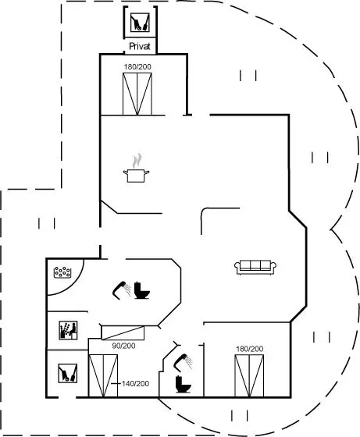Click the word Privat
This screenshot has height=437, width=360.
[x=140, y=46]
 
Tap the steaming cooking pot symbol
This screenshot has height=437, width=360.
[x=136, y=168]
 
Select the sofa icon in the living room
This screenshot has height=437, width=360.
[x=255, y=268]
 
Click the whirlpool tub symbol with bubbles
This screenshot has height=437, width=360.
[x=62, y=272]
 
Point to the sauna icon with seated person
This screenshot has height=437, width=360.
[x=68, y=330]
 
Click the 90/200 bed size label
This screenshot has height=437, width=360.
[x=123, y=346]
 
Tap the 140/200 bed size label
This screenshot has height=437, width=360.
[x=136, y=384]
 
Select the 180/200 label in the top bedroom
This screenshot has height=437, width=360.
[x=137, y=67]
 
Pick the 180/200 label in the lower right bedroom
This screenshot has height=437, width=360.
[x=250, y=349]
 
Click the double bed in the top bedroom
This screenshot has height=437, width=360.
[x=137, y=94]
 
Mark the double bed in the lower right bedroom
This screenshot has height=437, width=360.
[x=249, y=375]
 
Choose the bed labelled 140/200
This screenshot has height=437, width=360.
[x=103, y=375]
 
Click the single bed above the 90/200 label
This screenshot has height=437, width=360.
[x=123, y=332]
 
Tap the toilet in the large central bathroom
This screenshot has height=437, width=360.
[x=142, y=290]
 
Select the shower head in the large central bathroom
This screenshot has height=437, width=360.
[x=122, y=290]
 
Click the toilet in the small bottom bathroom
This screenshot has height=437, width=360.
[x=184, y=385]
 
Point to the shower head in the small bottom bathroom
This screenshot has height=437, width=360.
[x=183, y=363]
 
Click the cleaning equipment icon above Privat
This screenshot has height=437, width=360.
[x=140, y=23]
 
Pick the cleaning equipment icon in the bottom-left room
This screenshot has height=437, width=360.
[x=68, y=373]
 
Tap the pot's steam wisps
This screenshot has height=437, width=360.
[x=137, y=161]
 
